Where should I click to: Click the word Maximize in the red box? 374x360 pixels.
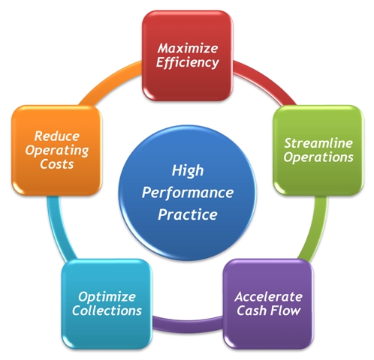tap(188, 48)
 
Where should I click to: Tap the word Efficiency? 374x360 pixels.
tap(188, 62)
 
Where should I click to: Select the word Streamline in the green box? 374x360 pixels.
tap(318, 143)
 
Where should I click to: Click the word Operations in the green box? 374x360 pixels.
tap(318, 157)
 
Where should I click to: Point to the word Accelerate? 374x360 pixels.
tap(269, 297)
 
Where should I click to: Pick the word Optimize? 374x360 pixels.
tap(107, 297)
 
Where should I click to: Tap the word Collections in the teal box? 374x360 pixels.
tap(107, 310)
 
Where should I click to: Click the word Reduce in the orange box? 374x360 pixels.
tap(57, 136)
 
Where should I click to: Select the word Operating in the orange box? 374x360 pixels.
tap(57, 151)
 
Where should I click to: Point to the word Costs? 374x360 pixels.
tap(57, 164)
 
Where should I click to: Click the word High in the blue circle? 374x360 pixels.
tap(188, 171)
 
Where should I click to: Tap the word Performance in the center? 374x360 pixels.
tap(188, 193)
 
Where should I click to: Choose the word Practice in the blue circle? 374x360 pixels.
tap(188, 214)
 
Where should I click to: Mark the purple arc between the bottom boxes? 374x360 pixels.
tap(188, 325)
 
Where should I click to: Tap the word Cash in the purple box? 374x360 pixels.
tap(252, 310)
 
